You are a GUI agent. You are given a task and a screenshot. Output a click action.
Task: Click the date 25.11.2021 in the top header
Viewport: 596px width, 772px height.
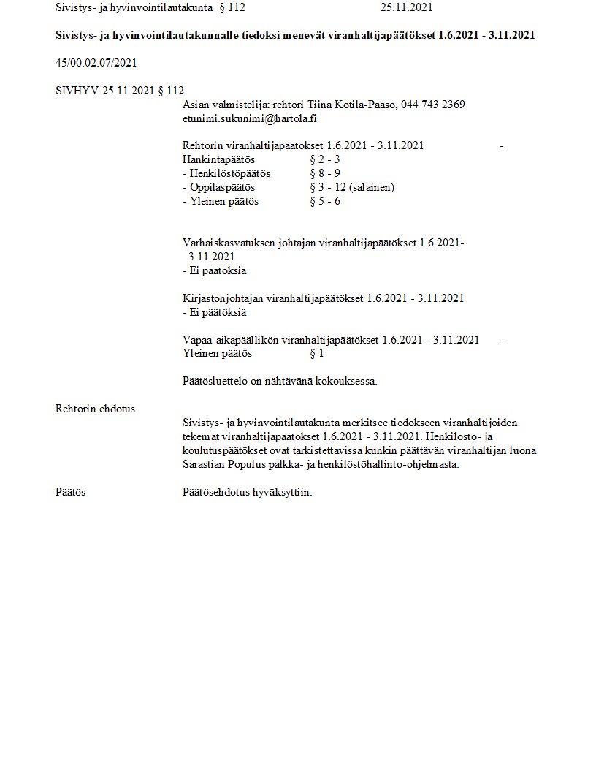pos(406,8)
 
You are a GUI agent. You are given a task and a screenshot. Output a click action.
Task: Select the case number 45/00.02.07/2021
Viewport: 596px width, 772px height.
pos(96,63)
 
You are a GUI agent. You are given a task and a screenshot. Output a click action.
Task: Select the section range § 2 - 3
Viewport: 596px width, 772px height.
pos(325,159)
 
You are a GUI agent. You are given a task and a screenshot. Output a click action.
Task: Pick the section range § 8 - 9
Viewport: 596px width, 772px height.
pos(325,173)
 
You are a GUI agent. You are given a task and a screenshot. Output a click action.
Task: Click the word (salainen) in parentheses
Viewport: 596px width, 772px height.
pos(372,187)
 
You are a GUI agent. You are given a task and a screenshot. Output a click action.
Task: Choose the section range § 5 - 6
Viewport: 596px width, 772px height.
pos(325,201)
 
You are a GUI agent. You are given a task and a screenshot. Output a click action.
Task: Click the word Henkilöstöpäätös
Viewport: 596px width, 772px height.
pos(229,173)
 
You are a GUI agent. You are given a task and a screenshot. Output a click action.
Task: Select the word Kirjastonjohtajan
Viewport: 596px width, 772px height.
pos(223,298)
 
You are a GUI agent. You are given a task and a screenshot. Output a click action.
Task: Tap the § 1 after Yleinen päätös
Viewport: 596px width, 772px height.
pos(317,354)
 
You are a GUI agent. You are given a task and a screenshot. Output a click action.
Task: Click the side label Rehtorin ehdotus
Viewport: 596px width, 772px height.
pos(95,409)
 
